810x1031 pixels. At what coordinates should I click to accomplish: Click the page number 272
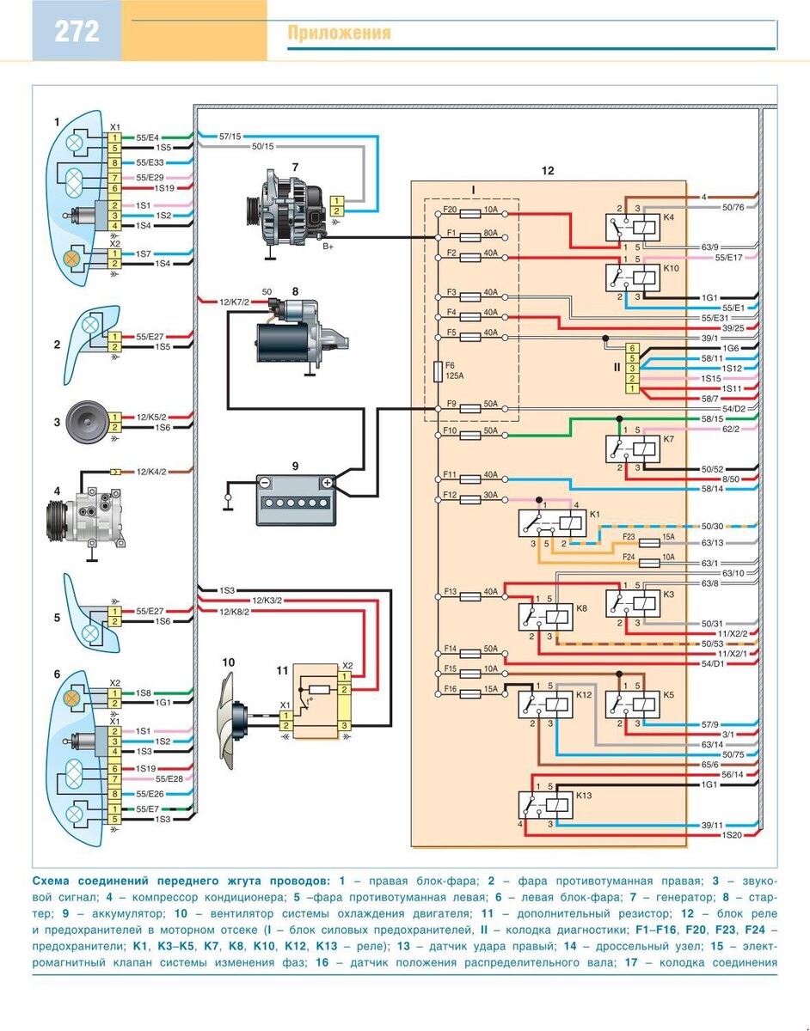77,32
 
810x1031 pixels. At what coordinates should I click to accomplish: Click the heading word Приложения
339,34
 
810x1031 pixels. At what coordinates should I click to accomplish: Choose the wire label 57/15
230,137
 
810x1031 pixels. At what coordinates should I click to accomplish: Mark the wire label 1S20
732,835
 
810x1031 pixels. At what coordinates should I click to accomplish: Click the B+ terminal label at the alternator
328,247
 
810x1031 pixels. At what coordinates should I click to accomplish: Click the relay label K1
594,514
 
